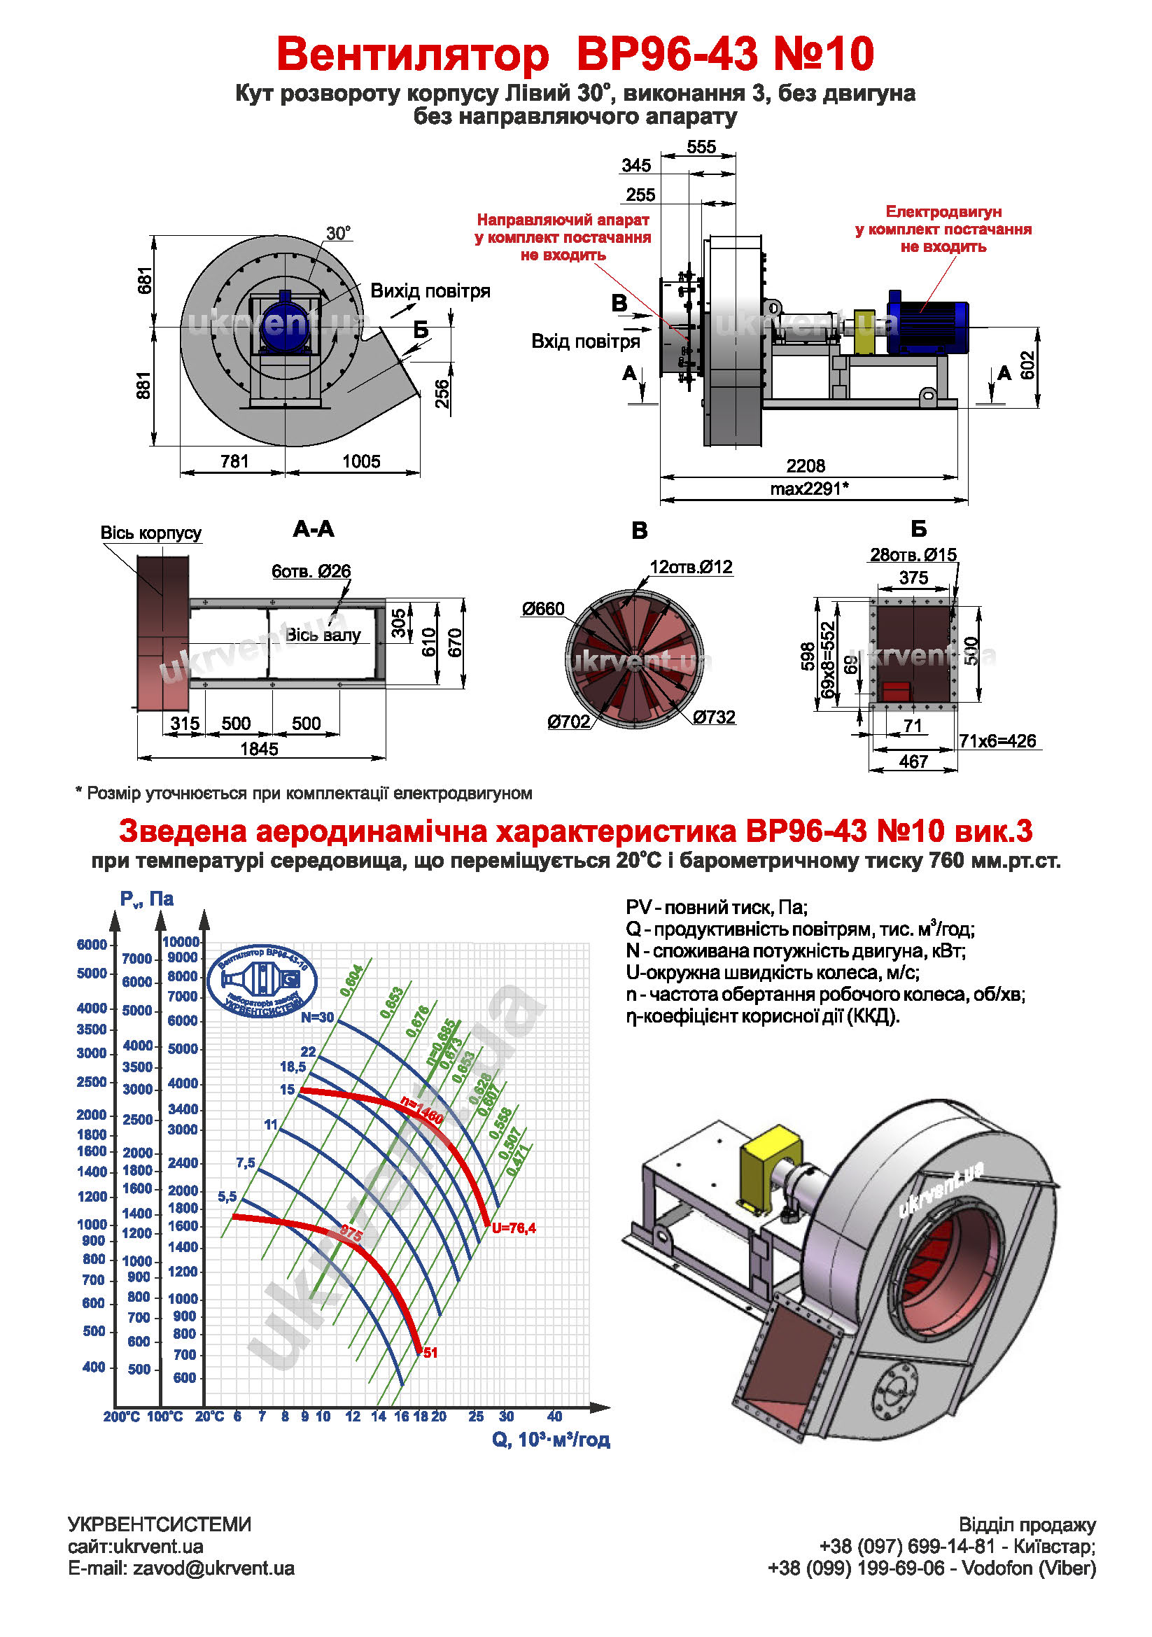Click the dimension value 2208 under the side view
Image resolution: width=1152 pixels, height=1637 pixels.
pos(806,465)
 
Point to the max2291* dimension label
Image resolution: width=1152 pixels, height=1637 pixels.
pos(809,489)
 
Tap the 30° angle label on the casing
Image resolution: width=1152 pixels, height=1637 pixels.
pos(338,233)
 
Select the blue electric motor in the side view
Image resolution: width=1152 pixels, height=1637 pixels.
pos(927,321)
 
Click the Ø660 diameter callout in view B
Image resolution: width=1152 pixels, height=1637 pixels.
pos(542,609)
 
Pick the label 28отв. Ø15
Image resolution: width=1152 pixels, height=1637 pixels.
pos(913,555)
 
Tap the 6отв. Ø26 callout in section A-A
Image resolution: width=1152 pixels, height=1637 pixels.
pos(311,571)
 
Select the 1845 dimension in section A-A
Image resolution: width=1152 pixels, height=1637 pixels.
pos(259,749)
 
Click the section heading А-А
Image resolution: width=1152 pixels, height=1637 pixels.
pos(314,529)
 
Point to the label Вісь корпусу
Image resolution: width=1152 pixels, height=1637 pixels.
pos(150,533)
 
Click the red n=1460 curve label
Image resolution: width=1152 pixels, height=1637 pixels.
pos(421,1109)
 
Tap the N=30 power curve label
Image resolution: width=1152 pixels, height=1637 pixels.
pos(317,1018)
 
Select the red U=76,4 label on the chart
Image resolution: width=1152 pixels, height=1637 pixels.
pos(513,1228)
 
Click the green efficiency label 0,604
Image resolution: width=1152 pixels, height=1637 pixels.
pos(351,981)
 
